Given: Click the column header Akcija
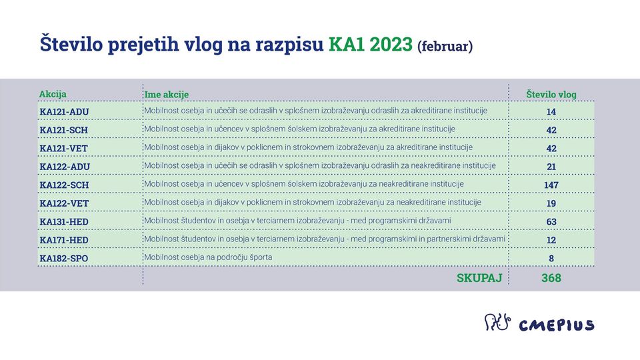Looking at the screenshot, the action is (x=53, y=94).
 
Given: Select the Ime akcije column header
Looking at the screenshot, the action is (x=167, y=95).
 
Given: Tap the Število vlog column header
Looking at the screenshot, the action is (x=551, y=94).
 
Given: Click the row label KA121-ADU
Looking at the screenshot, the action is (x=64, y=112).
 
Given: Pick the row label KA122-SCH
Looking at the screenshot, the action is (x=64, y=185).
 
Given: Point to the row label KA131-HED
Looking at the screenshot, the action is (x=64, y=221).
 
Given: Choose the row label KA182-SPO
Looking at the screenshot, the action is (x=64, y=259).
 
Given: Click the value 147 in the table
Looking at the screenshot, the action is (x=551, y=185).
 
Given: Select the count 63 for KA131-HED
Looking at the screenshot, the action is (x=551, y=221).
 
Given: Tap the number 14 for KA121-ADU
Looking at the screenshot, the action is (x=551, y=112).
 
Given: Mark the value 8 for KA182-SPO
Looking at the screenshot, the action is (x=551, y=259).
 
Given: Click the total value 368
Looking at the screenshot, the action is (x=551, y=278).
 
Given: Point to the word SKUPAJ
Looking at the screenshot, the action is (x=479, y=278).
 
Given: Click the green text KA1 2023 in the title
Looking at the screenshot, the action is (x=371, y=44).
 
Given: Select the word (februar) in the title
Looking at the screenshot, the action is (x=445, y=46).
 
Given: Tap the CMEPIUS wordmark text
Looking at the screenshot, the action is (x=557, y=325).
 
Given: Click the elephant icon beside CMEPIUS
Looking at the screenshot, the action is (x=497, y=322).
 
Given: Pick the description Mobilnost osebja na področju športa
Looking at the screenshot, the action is (x=208, y=257).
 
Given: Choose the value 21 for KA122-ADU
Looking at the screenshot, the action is (x=551, y=167).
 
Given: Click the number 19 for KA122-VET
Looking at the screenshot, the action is (x=551, y=203).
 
